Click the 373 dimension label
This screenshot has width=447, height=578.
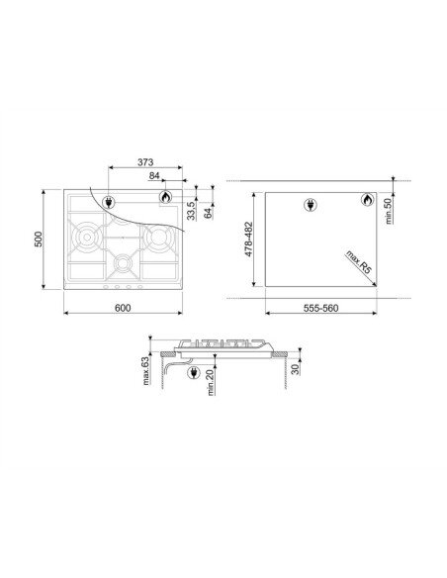145,162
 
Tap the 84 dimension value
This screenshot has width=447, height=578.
154,176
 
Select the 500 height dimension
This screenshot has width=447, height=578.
39,240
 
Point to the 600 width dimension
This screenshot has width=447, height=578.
123,308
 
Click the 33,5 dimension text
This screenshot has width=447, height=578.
191,211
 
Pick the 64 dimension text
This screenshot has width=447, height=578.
208,213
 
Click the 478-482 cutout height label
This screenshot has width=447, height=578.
249,240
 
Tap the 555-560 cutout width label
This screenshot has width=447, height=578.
320,308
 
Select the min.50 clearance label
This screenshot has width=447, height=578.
389,211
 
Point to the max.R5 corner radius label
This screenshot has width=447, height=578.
359,262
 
